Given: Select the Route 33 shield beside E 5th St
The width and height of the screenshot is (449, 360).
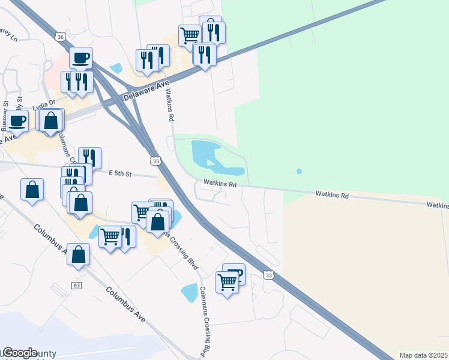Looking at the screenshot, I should pos(156,161).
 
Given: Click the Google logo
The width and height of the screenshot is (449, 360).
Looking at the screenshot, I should pos(19,353).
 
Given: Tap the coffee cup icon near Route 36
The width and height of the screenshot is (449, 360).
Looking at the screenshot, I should pos(81,58).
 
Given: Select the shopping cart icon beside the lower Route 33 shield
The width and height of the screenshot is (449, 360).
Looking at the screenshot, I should pos(228,281).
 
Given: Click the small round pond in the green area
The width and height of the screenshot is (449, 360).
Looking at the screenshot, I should pos(299,172).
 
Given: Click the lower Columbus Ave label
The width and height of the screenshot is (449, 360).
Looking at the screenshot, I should pos(125,306).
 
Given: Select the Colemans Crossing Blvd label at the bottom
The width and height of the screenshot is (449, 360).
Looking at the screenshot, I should pos(205,321).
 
